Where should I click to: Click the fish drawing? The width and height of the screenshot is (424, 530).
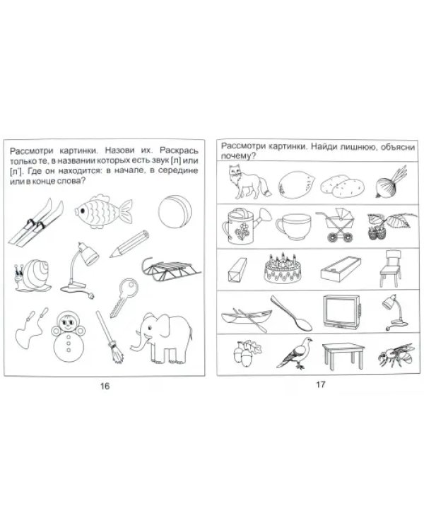coord(102,211)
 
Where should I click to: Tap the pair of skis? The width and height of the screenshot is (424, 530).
coord(35,222)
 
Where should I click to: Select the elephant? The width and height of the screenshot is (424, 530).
coord(163,337)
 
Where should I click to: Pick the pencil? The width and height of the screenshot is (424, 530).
coord(129,243)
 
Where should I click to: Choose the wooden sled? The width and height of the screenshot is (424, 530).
coord(171,269)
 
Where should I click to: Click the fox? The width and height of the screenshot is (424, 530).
coord(249,182)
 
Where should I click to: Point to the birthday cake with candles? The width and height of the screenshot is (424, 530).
coord(283,269)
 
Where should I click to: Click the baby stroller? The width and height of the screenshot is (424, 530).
coord(335,225)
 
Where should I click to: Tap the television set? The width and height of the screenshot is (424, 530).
coord(342,312)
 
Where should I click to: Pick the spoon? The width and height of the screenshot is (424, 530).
coord(290,313)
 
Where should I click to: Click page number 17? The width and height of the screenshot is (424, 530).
coord(320,384)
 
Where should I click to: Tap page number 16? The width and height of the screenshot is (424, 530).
coord(105,386)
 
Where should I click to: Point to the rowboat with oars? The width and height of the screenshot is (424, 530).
coord(247,319)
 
